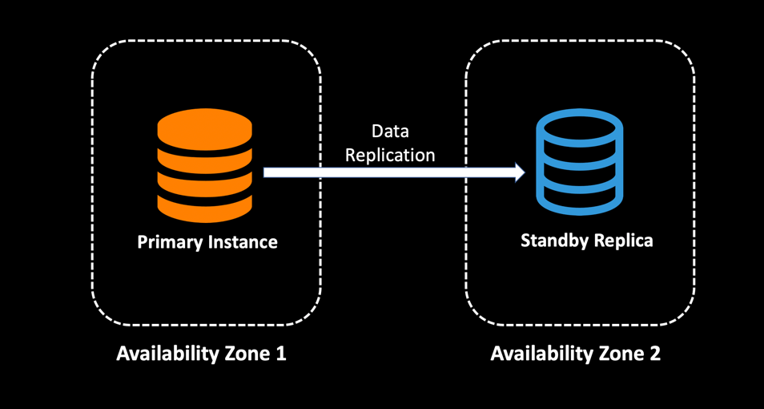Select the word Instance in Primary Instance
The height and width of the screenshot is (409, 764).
point(243,241)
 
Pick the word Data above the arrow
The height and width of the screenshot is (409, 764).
point(390,132)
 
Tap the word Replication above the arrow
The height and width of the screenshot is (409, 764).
point(390,155)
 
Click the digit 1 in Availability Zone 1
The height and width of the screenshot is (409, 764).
point(280,354)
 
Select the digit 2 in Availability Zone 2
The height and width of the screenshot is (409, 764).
point(655,354)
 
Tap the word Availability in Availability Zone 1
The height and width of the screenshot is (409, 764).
point(167,354)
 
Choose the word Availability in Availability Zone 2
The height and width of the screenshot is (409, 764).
point(541,354)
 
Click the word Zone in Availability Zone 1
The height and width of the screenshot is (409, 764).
point(246,354)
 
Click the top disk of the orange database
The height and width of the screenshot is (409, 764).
point(204,128)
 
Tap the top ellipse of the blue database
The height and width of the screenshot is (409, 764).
point(579,128)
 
